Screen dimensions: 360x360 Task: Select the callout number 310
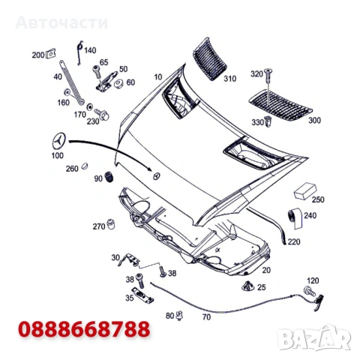coord(229,78)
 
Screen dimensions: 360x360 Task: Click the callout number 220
coord(293,241)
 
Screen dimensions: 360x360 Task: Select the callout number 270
coord(98,226)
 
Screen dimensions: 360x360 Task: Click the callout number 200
coord(38,55)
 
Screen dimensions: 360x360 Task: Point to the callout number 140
coord(90,50)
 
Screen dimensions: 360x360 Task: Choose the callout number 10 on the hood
coord(158,76)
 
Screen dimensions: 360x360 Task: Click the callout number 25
coord(261,286)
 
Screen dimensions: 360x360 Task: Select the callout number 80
coord(169,316)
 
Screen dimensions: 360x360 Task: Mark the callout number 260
coord(72,168)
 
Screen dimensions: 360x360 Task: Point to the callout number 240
coord(310,215)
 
